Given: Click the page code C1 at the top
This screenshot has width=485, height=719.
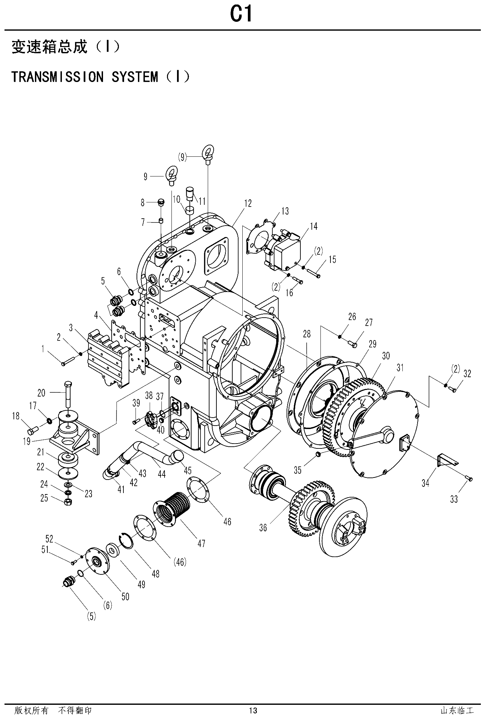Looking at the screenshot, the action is pos(242,15).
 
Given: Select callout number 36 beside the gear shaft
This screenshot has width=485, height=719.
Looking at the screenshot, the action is pos(263,528).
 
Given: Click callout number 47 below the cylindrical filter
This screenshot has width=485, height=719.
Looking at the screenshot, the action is pos(202,543).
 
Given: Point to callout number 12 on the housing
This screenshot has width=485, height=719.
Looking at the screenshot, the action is pos(248,203).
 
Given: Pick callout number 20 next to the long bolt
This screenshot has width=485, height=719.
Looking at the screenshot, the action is pos(41,393).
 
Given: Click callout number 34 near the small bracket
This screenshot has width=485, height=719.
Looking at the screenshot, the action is pos(426,483).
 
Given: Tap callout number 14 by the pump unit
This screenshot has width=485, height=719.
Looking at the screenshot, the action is pos(313,226).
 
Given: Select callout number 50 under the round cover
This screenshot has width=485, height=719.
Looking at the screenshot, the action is pos(125,596).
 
